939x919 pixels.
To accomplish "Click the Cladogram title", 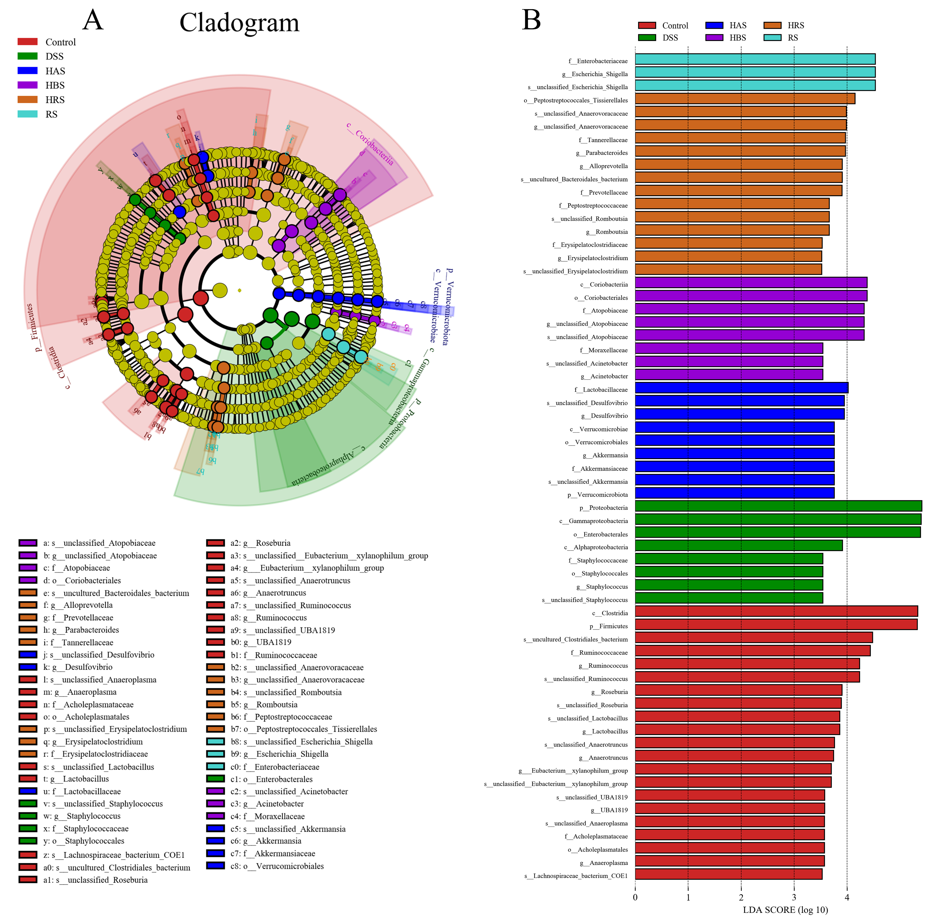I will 239,23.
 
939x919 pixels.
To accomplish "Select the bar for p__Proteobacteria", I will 778,506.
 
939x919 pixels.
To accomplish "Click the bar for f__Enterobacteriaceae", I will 755,59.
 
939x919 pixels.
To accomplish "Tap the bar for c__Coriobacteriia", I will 751,283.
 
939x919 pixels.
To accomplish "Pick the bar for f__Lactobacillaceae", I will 741,388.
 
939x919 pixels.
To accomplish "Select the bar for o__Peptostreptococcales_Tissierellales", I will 744,99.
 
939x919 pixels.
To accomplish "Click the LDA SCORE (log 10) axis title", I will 785,910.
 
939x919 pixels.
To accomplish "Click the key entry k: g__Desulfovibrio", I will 77,667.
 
